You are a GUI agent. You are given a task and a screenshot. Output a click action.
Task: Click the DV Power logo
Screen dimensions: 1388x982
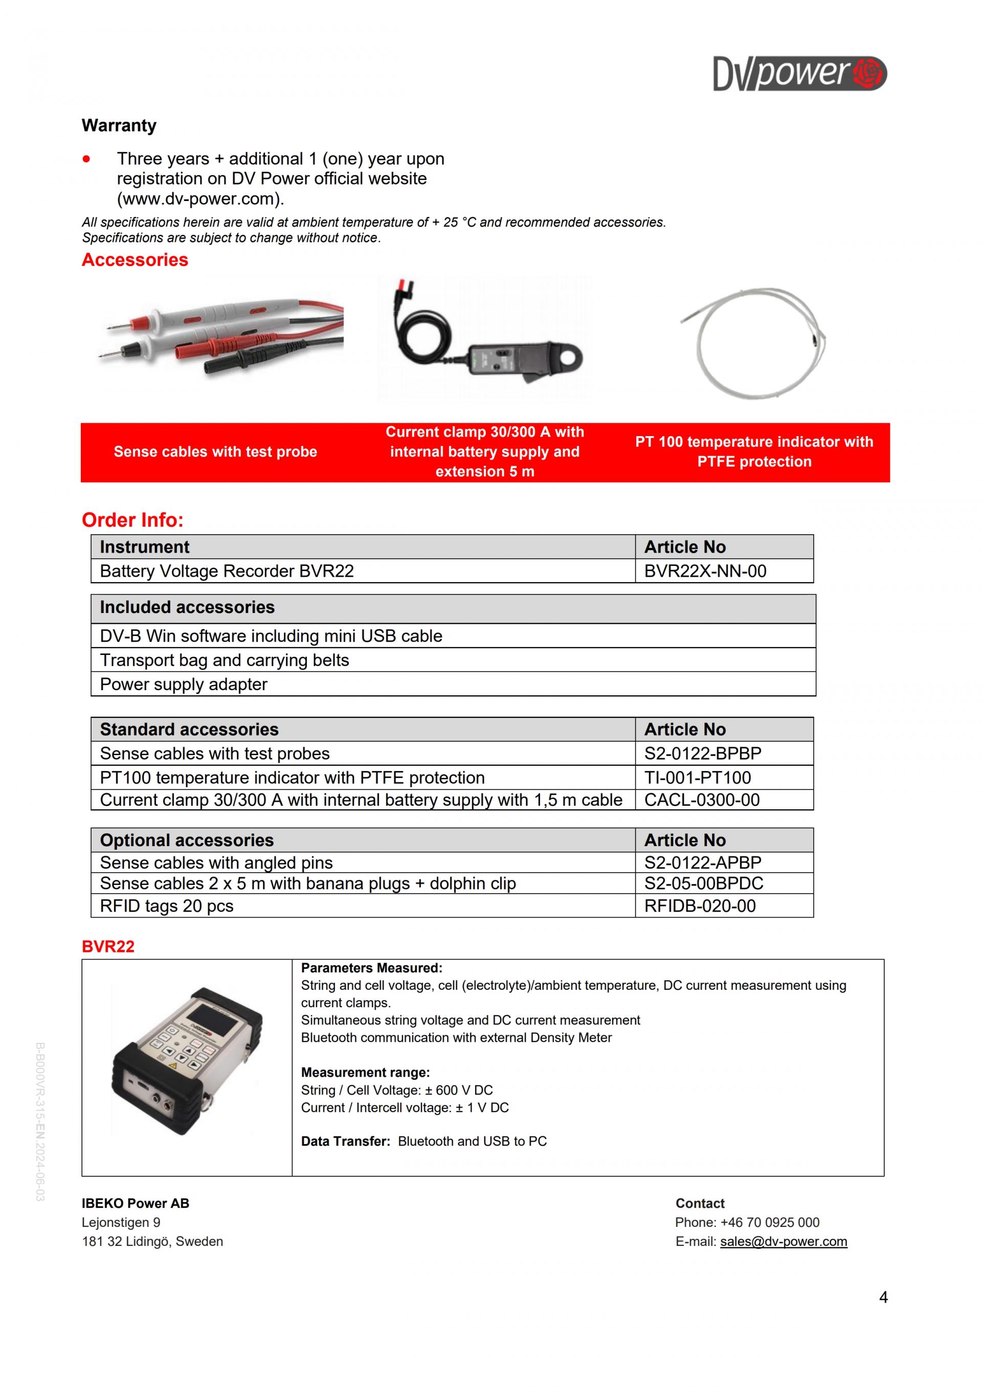click(799, 74)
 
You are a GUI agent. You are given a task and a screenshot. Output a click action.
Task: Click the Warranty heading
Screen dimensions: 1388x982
click(119, 125)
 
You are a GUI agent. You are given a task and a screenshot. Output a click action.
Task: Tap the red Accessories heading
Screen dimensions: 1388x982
click(135, 260)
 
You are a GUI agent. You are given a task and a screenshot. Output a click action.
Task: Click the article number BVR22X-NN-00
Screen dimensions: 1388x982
click(705, 571)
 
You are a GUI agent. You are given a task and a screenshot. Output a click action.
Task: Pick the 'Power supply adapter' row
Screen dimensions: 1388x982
click(183, 685)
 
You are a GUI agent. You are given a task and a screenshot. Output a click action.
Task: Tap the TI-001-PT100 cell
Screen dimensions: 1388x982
click(697, 778)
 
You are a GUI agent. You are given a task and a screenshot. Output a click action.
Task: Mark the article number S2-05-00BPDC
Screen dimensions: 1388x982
click(703, 883)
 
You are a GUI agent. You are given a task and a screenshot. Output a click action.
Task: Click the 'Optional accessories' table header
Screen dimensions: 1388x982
click(187, 840)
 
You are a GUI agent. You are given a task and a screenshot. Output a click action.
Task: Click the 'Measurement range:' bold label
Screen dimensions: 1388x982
click(365, 1073)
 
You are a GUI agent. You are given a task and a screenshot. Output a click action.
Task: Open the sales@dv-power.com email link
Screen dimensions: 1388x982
click(783, 1241)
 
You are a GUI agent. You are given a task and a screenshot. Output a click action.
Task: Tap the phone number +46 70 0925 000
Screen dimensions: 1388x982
click(770, 1222)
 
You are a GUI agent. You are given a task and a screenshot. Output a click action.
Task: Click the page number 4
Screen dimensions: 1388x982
click(883, 1298)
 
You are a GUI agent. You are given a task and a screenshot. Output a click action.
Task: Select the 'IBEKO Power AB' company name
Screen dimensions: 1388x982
click(136, 1203)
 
